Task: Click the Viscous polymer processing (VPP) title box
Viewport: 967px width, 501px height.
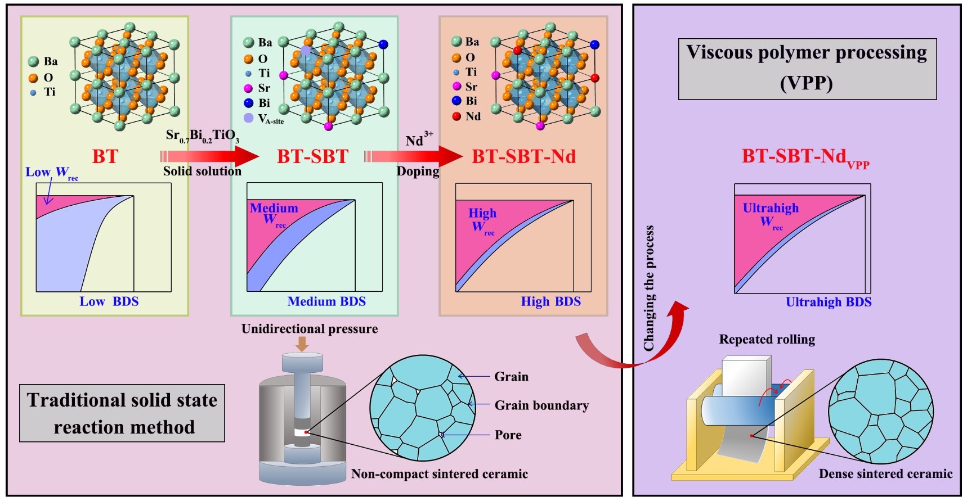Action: (x=807, y=69)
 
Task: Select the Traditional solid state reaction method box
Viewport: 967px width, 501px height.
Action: (x=122, y=413)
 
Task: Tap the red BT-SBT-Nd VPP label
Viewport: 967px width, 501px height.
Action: (x=805, y=157)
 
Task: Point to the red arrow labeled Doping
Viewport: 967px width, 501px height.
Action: (x=417, y=156)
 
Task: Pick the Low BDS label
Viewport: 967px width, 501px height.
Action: (x=109, y=301)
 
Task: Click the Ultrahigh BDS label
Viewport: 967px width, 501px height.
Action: (x=828, y=302)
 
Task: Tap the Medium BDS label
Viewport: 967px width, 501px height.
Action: (x=326, y=301)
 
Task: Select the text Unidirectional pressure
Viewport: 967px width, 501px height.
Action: (x=309, y=329)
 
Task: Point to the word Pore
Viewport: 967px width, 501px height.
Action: (x=508, y=435)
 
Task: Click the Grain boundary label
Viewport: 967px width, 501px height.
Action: (x=541, y=405)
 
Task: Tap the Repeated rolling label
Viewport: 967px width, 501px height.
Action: (x=767, y=340)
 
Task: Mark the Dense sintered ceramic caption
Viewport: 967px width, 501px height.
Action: (x=885, y=474)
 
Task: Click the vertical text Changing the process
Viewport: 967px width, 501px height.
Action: (x=649, y=288)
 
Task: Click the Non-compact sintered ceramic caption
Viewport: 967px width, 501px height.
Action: (x=439, y=474)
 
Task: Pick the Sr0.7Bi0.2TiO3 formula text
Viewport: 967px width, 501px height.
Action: (x=202, y=136)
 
